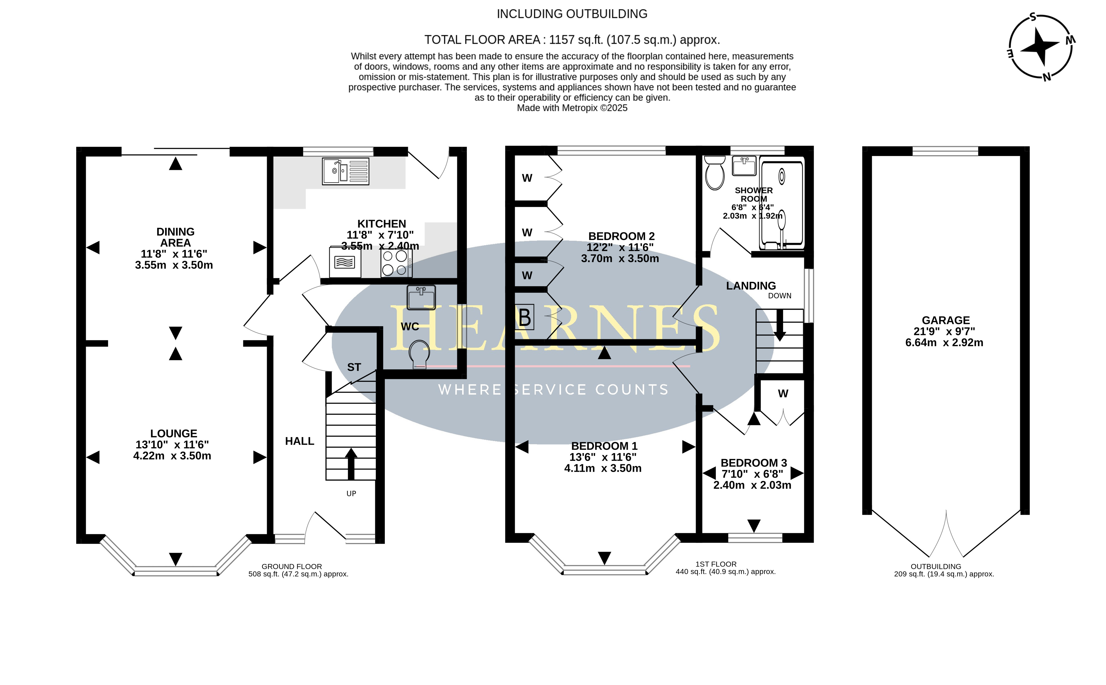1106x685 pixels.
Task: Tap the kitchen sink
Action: click(x=346, y=171)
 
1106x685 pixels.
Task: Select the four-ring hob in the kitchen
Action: click(x=396, y=263)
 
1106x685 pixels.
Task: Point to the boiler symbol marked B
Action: click(x=524, y=317)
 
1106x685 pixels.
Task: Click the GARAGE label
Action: click(x=946, y=320)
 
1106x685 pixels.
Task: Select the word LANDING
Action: click(x=751, y=286)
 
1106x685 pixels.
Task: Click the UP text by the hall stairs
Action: click(x=351, y=493)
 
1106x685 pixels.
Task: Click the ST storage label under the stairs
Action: click(x=354, y=367)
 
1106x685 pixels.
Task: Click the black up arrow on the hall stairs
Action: click(x=351, y=463)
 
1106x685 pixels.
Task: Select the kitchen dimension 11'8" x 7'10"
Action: click(x=380, y=235)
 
